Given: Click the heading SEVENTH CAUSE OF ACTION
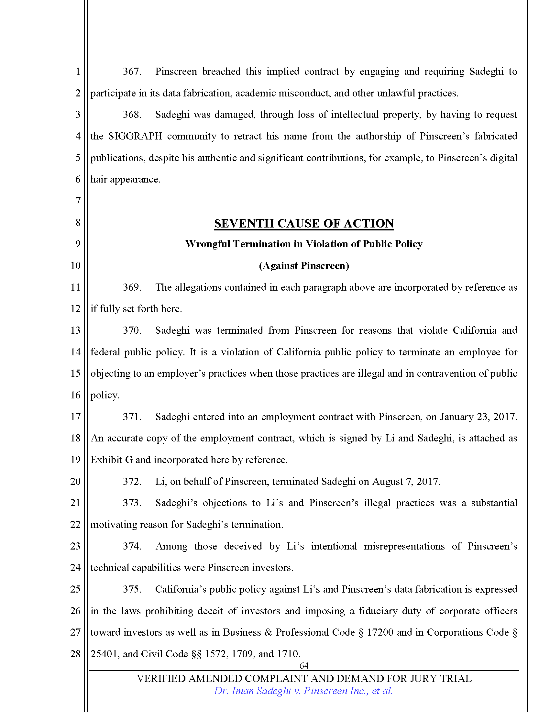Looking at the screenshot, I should (x=304, y=224).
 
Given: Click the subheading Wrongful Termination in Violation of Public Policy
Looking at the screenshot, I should (x=304, y=244).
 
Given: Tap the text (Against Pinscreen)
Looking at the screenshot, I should (x=304, y=266).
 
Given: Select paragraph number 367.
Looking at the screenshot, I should (x=132, y=72).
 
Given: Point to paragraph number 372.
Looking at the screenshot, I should (x=132, y=482).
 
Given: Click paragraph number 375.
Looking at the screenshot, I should (x=132, y=589).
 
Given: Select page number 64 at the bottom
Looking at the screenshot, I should (x=304, y=665).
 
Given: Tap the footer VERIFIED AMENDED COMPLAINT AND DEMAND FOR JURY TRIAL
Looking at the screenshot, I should (x=304, y=678).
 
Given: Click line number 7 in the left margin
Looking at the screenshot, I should (x=78, y=201).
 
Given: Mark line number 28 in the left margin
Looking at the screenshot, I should (x=76, y=654).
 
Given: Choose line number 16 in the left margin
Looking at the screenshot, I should (x=76, y=395).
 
